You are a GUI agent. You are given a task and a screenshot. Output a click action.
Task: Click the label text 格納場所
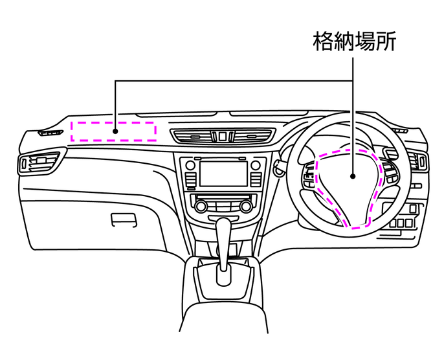[354, 41]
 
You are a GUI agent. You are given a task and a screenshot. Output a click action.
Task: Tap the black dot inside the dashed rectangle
[115, 131]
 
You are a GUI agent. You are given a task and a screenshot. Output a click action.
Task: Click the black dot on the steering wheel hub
[353, 176]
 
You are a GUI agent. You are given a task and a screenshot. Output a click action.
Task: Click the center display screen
[223, 174]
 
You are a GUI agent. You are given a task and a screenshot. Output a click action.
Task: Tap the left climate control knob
[201, 207]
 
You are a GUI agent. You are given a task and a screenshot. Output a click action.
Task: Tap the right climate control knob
[245, 207]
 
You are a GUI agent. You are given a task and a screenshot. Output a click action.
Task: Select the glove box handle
[124, 220]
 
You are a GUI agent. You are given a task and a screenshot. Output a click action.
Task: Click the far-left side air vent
[39, 163]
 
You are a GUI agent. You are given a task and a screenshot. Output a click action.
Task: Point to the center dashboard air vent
[223, 136]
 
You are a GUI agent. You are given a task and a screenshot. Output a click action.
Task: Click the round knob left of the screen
[190, 165]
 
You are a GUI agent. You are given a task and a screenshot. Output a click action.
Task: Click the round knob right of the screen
[256, 165]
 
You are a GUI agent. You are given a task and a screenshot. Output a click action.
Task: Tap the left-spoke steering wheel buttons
[309, 177]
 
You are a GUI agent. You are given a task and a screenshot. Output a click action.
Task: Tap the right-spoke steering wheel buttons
[391, 171]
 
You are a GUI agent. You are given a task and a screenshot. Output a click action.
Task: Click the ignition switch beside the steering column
[278, 166]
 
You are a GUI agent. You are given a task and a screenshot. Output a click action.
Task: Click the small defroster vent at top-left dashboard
[51, 133]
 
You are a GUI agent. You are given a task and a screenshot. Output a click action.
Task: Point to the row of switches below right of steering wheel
[402, 223]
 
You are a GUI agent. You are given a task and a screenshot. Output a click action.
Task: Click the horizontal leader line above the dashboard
[234, 81]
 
